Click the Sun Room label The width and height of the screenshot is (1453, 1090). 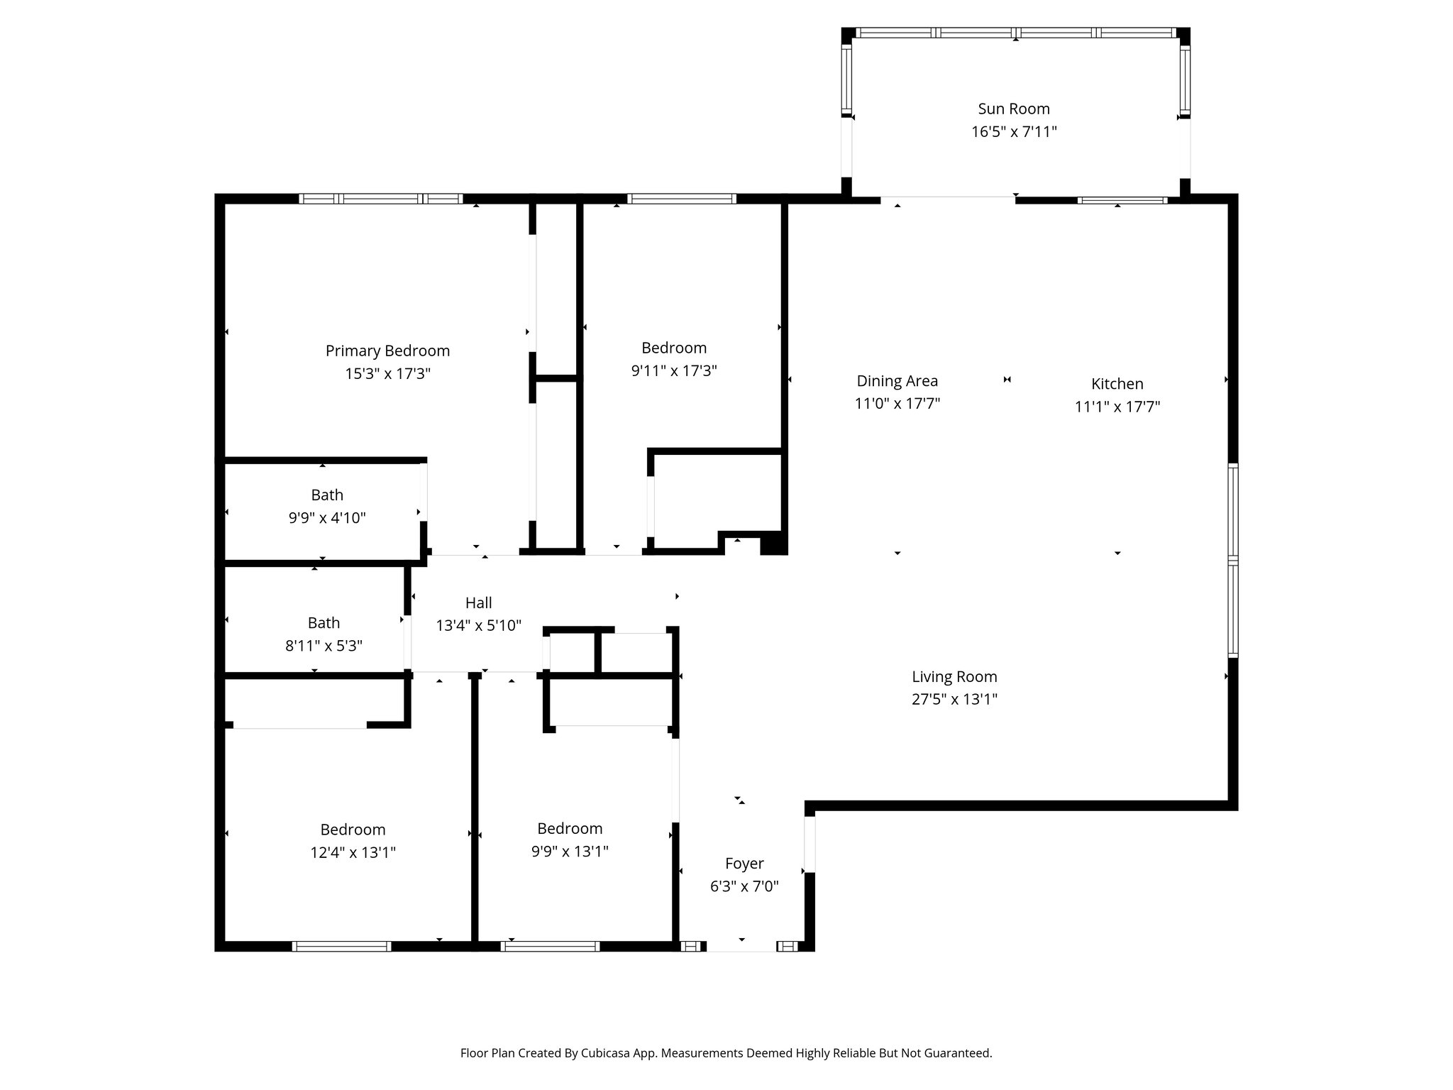click(1013, 109)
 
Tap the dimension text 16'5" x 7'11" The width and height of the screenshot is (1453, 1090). click(1014, 132)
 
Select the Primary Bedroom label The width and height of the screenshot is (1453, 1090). click(387, 351)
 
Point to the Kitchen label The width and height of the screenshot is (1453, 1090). click(1117, 384)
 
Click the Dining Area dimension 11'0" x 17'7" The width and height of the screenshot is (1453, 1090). click(897, 404)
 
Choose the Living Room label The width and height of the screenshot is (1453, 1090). click(954, 676)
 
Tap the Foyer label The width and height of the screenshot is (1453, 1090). click(744, 864)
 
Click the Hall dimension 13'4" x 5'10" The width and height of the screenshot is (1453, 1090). click(478, 626)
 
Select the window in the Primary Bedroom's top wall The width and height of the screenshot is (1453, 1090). click(381, 199)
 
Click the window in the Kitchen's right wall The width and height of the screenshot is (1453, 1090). click(1233, 561)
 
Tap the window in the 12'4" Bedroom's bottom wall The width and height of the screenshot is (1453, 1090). click(341, 946)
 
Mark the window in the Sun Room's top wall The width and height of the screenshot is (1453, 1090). click(1015, 33)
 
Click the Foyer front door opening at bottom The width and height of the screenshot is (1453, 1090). click(741, 947)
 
